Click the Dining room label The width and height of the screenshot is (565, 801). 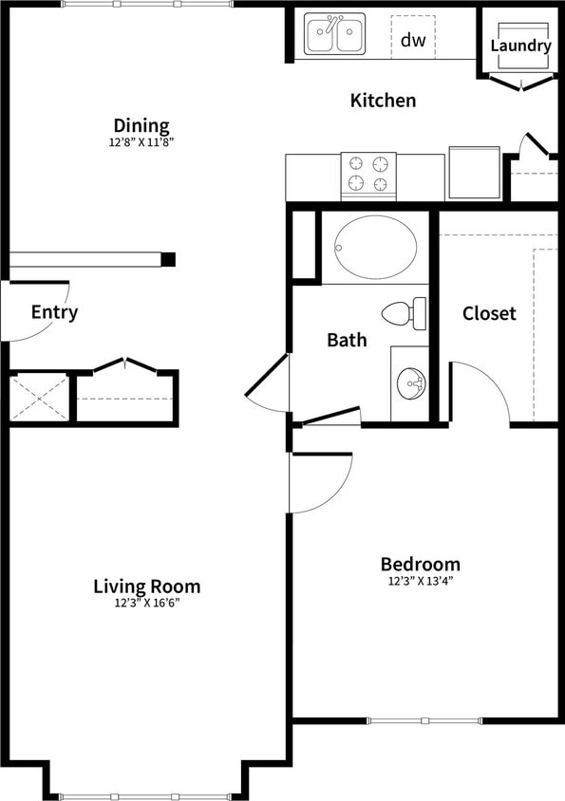[x=141, y=125]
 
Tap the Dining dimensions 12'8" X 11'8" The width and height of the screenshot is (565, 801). [x=141, y=141]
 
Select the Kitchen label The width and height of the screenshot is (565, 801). [x=383, y=100]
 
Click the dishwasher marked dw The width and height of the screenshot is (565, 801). [x=412, y=39]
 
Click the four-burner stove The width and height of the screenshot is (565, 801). [x=368, y=175]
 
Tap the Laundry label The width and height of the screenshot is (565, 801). [x=520, y=46]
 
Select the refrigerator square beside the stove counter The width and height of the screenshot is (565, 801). [x=474, y=173]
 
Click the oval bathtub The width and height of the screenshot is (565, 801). [x=375, y=247]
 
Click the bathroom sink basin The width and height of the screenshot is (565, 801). [x=411, y=384]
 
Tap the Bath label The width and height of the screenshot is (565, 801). [x=347, y=340]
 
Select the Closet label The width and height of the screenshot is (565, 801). [x=489, y=312]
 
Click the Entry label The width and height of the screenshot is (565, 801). [x=54, y=312]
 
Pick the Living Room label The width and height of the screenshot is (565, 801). [x=146, y=586]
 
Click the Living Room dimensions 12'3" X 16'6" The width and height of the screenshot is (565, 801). [x=146, y=602]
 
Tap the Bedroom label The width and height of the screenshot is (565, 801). [x=421, y=564]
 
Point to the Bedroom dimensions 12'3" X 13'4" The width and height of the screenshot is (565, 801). [x=421, y=580]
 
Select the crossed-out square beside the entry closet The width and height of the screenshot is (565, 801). [x=39, y=398]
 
